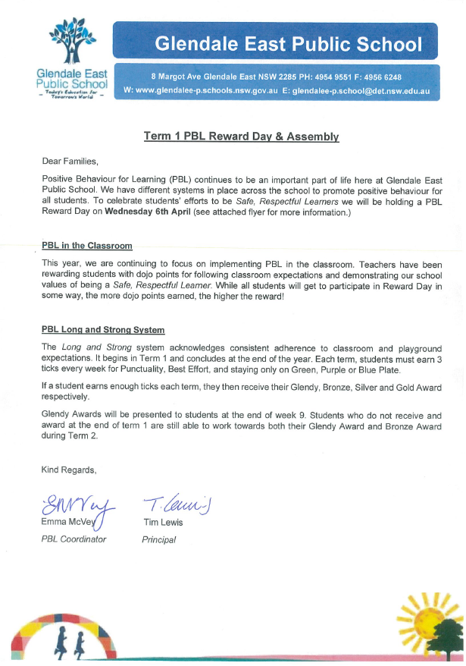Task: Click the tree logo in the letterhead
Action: [x=71, y=42]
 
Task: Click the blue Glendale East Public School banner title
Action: [x=288, y=44]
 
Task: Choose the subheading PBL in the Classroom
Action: [x=87, y=247]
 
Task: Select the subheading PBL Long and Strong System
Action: [x=103, y=330]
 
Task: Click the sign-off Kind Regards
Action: [x=69, y=470]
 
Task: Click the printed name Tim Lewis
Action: [x=164, y=522]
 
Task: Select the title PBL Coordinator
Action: [x=73, y=539]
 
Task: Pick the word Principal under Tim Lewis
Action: [x=159, y=539]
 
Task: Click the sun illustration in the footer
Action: [x=424, y=616]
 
